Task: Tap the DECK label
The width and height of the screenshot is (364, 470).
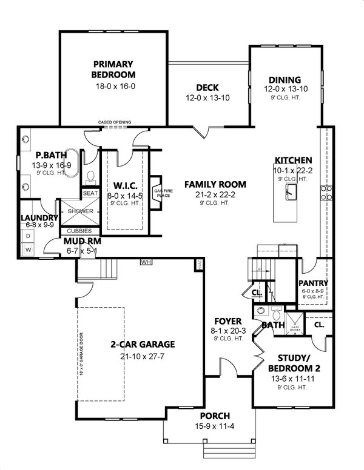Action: pyautogui.click(x=207, y=87)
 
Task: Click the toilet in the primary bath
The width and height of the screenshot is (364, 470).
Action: pyautogui.click(x=91, y=177)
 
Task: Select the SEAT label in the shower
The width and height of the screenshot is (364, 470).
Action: pyautogui.click(x=90, y=193)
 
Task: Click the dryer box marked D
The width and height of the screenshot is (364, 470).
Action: pyautogui.click(x=27, y=236)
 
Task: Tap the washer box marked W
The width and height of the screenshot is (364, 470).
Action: pyautogui.click(x=27, y=249)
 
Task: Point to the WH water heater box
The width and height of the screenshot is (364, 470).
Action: pyautogui.click(x=146, y=262)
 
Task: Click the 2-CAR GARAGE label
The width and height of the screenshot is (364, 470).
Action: pyautogui.click(x=142, y=344)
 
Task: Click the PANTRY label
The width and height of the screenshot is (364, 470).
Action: pyautogui.click(x=314, y=283)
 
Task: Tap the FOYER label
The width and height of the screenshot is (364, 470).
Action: pyautogui.click(x=229, y=320)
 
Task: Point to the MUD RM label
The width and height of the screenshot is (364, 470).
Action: pyautogui.click(x=82, y=242)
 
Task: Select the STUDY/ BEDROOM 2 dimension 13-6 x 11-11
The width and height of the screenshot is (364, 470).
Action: pyautogui.click(x=294, y=379)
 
